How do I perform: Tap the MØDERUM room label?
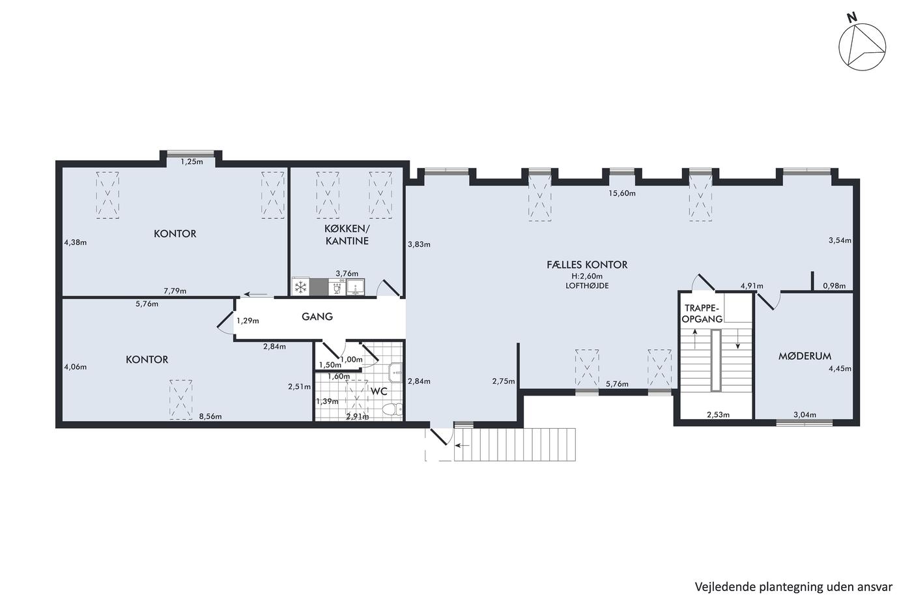point(805,356)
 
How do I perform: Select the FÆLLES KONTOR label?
point(587,265)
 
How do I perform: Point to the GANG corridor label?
point(317,317)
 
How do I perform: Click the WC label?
point(378,392)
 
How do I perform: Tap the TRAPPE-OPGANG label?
point(702,313)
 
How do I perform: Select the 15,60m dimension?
point(621,194)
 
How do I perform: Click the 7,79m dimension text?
point(175,291)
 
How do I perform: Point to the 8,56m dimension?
point(210,416)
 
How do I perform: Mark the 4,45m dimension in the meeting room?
point(840,369)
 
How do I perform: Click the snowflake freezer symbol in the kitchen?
point(300,287)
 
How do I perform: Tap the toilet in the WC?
point(393,409)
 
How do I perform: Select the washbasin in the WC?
point(395,373)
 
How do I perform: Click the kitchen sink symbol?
point(356,287)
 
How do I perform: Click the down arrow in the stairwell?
point(737,339)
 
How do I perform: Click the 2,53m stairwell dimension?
point(718,415)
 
